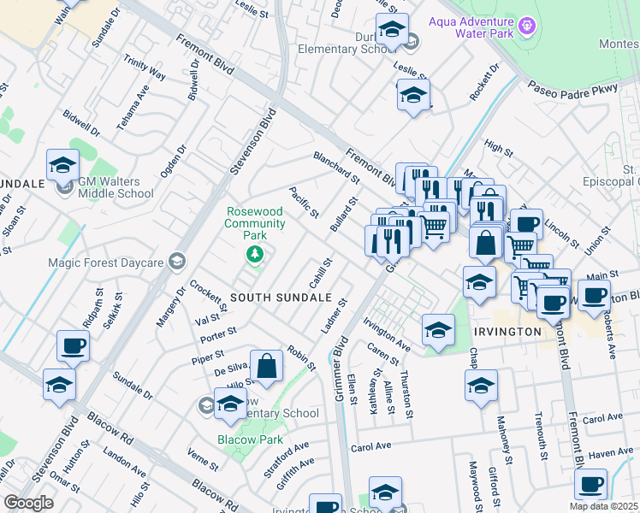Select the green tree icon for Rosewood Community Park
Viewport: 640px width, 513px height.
pos(254,253)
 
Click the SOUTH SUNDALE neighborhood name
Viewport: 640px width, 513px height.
pos(270,297)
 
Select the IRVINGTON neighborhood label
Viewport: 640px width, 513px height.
pos(504,331)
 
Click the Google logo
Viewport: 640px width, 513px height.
pos(29,503)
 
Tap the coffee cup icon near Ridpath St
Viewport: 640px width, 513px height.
pos(74,347)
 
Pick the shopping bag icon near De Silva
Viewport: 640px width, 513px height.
pos(267,366)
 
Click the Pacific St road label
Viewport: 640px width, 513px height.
pos(304,202)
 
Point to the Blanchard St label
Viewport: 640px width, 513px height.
pos(336,167)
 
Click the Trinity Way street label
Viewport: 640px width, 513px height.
pos(145,69)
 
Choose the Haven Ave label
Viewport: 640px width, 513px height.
pos(611,451)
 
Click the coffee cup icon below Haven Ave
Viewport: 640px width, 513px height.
pos(590,484)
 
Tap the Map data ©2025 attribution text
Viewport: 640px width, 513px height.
pos(603,506)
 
